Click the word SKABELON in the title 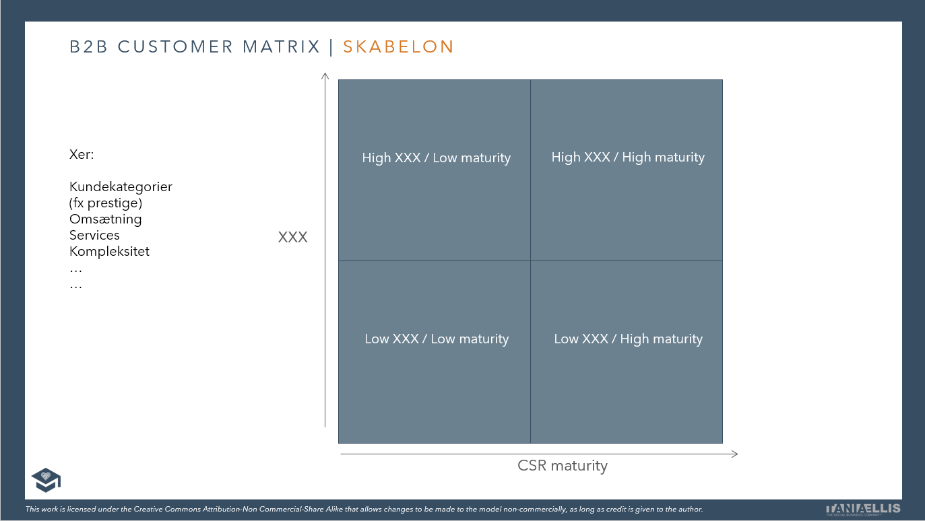398,47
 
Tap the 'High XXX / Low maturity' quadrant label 436,158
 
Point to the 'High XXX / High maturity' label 628,158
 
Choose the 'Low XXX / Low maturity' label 436,339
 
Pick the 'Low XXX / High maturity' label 628,339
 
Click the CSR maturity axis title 563,466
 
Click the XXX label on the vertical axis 292,238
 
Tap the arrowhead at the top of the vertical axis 325,75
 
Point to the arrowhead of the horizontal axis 735,454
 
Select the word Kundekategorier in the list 121,187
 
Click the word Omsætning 106,219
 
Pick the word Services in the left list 94,236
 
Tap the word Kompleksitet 109,252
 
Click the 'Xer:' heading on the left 82,155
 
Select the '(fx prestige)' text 106,203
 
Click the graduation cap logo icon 46,479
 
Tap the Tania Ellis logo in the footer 863,509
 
